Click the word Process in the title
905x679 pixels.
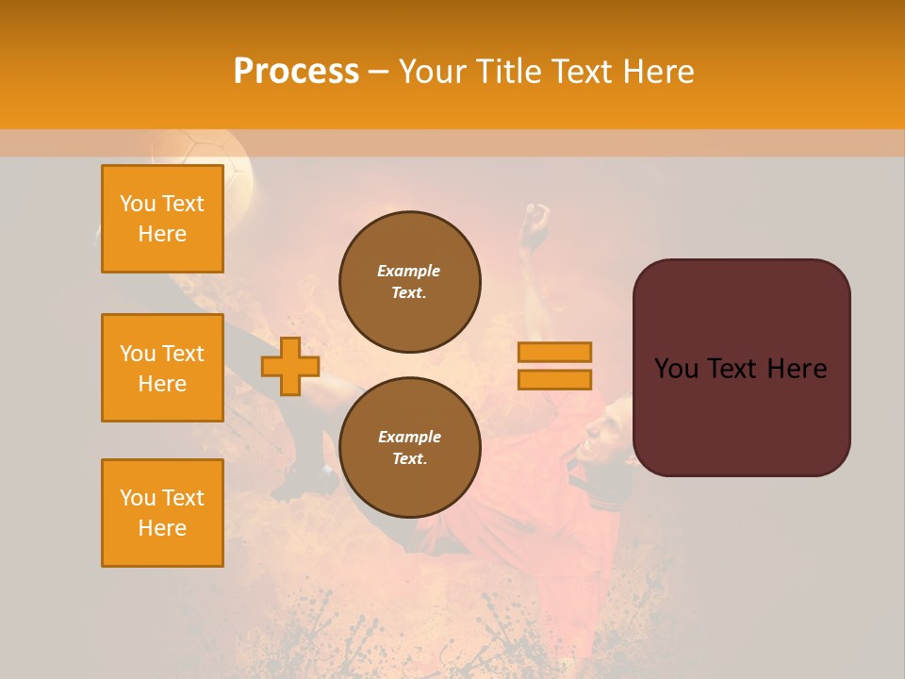click(296, 72)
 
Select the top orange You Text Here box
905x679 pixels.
click(162, 219)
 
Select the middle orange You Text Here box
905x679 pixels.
click(162, 368)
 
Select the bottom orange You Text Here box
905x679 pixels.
click(162, 513)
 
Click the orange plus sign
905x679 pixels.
click(289, 367)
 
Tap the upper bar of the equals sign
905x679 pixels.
click(554, 352)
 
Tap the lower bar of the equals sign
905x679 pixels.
click(554, 379)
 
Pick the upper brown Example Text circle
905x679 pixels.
click(409, 282)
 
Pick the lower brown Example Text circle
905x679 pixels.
click(409, 448)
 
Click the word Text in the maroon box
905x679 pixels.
click(739, 369)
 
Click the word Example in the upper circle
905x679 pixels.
click(408, 271)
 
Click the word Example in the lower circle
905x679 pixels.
click(409, 437)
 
